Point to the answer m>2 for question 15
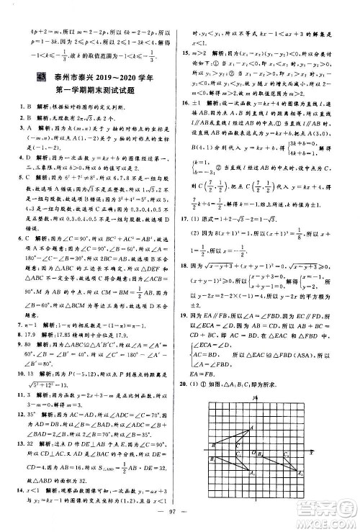(x=209, y=53)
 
